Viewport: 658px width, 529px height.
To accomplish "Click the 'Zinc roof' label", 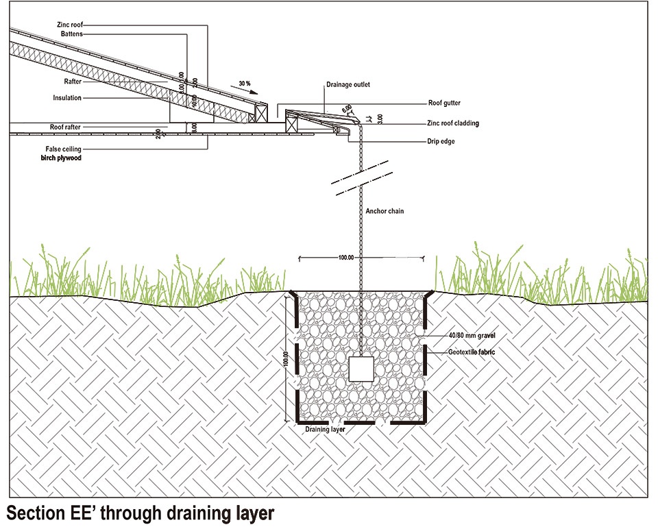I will point(71,24).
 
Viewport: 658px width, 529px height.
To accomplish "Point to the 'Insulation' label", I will point(67,98).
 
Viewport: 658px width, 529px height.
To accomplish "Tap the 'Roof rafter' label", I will point(66,127).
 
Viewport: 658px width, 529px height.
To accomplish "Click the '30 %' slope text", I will point(245,83).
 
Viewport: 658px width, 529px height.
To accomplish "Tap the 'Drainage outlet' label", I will point(348,85).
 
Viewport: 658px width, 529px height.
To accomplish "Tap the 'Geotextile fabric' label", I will point(472,352).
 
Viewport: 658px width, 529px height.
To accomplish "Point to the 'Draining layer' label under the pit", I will point(325,430).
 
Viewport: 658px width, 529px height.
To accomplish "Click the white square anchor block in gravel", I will point(361,370).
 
